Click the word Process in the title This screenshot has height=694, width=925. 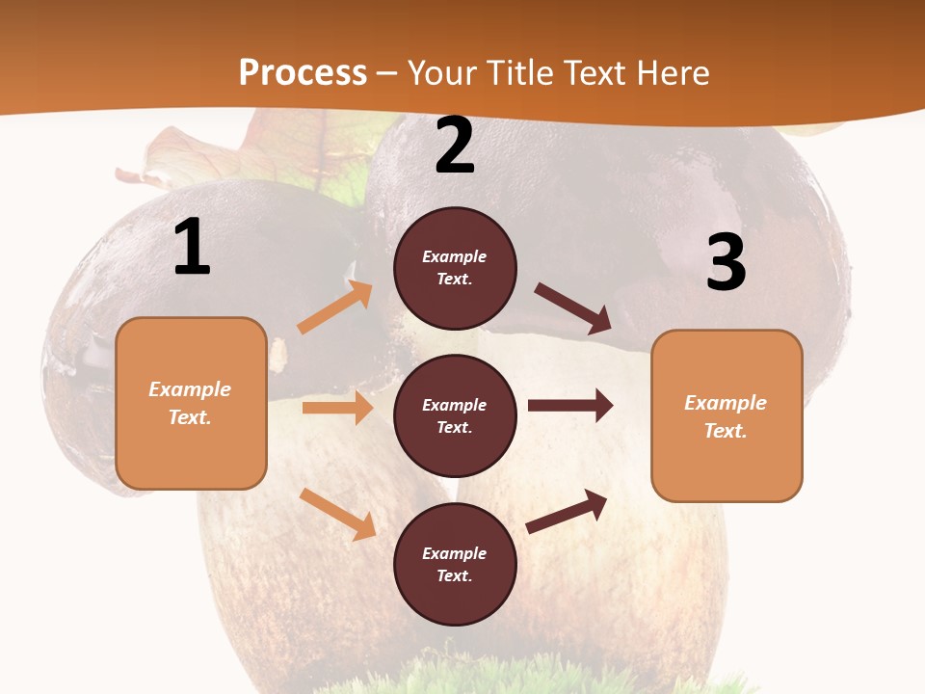(x=303, y=73)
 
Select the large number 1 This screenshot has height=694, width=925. (x=192, y=248)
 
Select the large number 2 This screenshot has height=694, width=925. (x=455, y=147)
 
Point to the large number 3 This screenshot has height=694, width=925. (x=726, y=263)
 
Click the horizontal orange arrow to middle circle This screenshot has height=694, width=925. (x=337, y=408)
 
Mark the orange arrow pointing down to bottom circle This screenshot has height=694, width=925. (x=337, y=514)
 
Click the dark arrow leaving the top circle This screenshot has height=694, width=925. (x=574, y=308)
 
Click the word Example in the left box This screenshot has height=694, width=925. (x=190, y=389)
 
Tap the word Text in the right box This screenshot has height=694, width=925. (x=725, y=431)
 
